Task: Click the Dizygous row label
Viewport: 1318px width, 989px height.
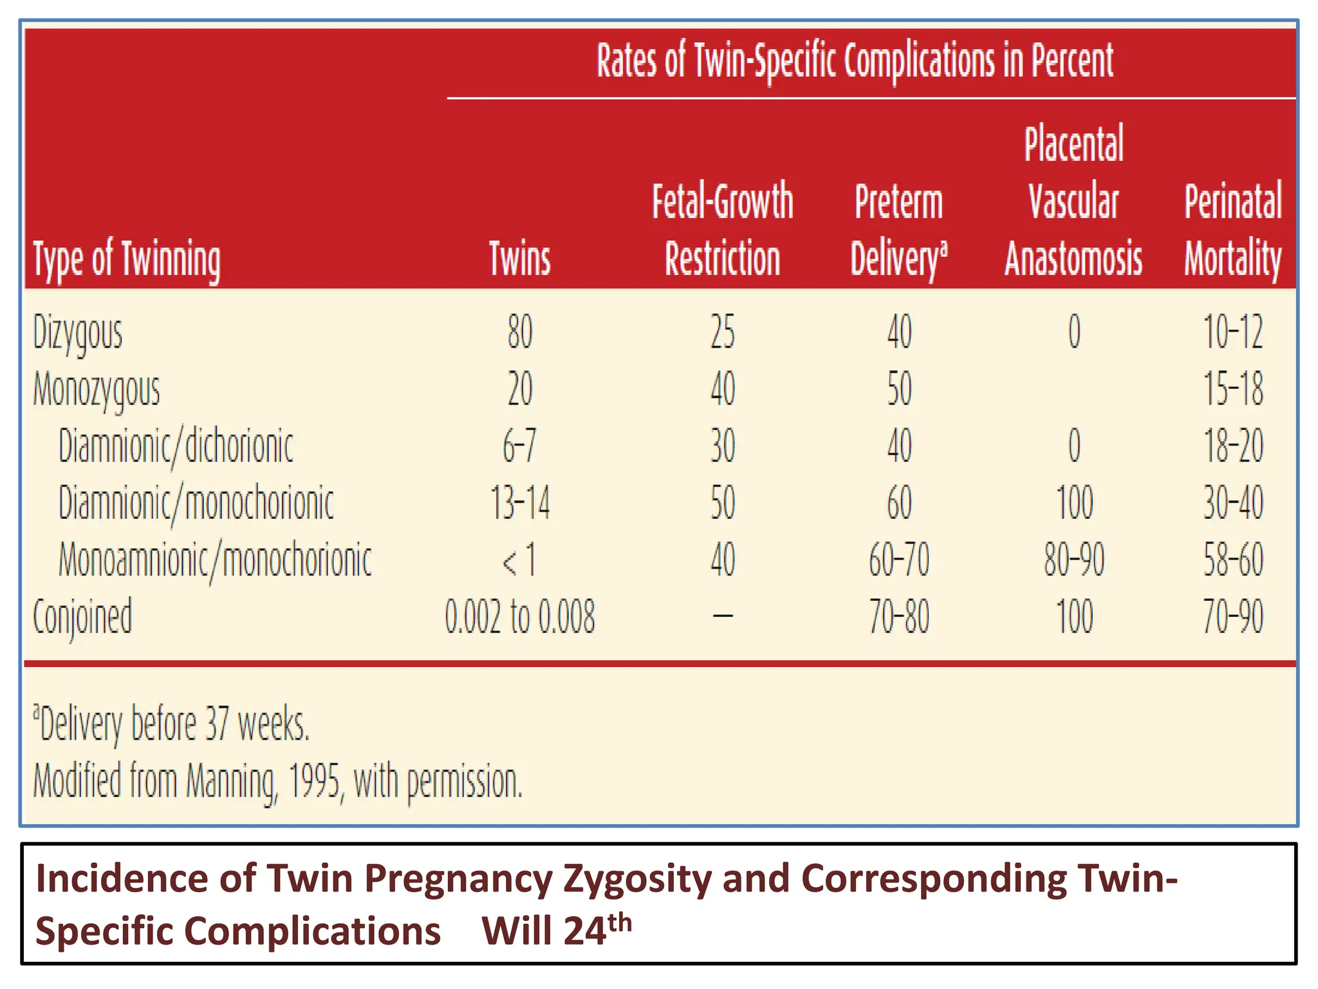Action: [x=78, y=333]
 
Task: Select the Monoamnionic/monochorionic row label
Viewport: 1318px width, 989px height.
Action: [x=215, y=560]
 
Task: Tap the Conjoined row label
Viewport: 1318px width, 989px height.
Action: [x=82, y=616]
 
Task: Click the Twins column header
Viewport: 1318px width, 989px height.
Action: [x=520, y=258]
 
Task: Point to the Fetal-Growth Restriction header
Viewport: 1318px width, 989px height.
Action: [x=722, y=229]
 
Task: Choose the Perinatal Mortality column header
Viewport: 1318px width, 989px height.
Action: [x=1232, y=229]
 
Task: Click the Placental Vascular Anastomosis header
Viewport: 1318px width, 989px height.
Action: [x=1073, y=201]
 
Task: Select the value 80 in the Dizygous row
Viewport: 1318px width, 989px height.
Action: [x=520, y=333]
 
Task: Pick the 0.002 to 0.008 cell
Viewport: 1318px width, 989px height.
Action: [x=520, y=616]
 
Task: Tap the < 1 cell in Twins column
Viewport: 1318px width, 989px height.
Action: [x=519, y=560]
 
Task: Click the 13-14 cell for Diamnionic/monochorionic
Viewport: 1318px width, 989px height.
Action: [x=520, y=503]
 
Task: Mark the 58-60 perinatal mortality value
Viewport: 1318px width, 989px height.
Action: [x=1233, y=560]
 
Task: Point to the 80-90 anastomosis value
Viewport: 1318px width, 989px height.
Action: [x=1073, y=560]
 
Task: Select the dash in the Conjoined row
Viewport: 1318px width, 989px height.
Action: [x=723, y=616]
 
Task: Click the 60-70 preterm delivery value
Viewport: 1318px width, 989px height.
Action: [x=899, y=560]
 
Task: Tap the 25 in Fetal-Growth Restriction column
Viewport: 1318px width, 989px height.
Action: [x=723, y=333]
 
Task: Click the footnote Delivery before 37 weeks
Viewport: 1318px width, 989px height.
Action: [x=172, y=724]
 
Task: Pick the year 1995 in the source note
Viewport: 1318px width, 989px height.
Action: [x=313, y=781]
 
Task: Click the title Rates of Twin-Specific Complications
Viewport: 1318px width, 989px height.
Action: [x=855, y=61]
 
